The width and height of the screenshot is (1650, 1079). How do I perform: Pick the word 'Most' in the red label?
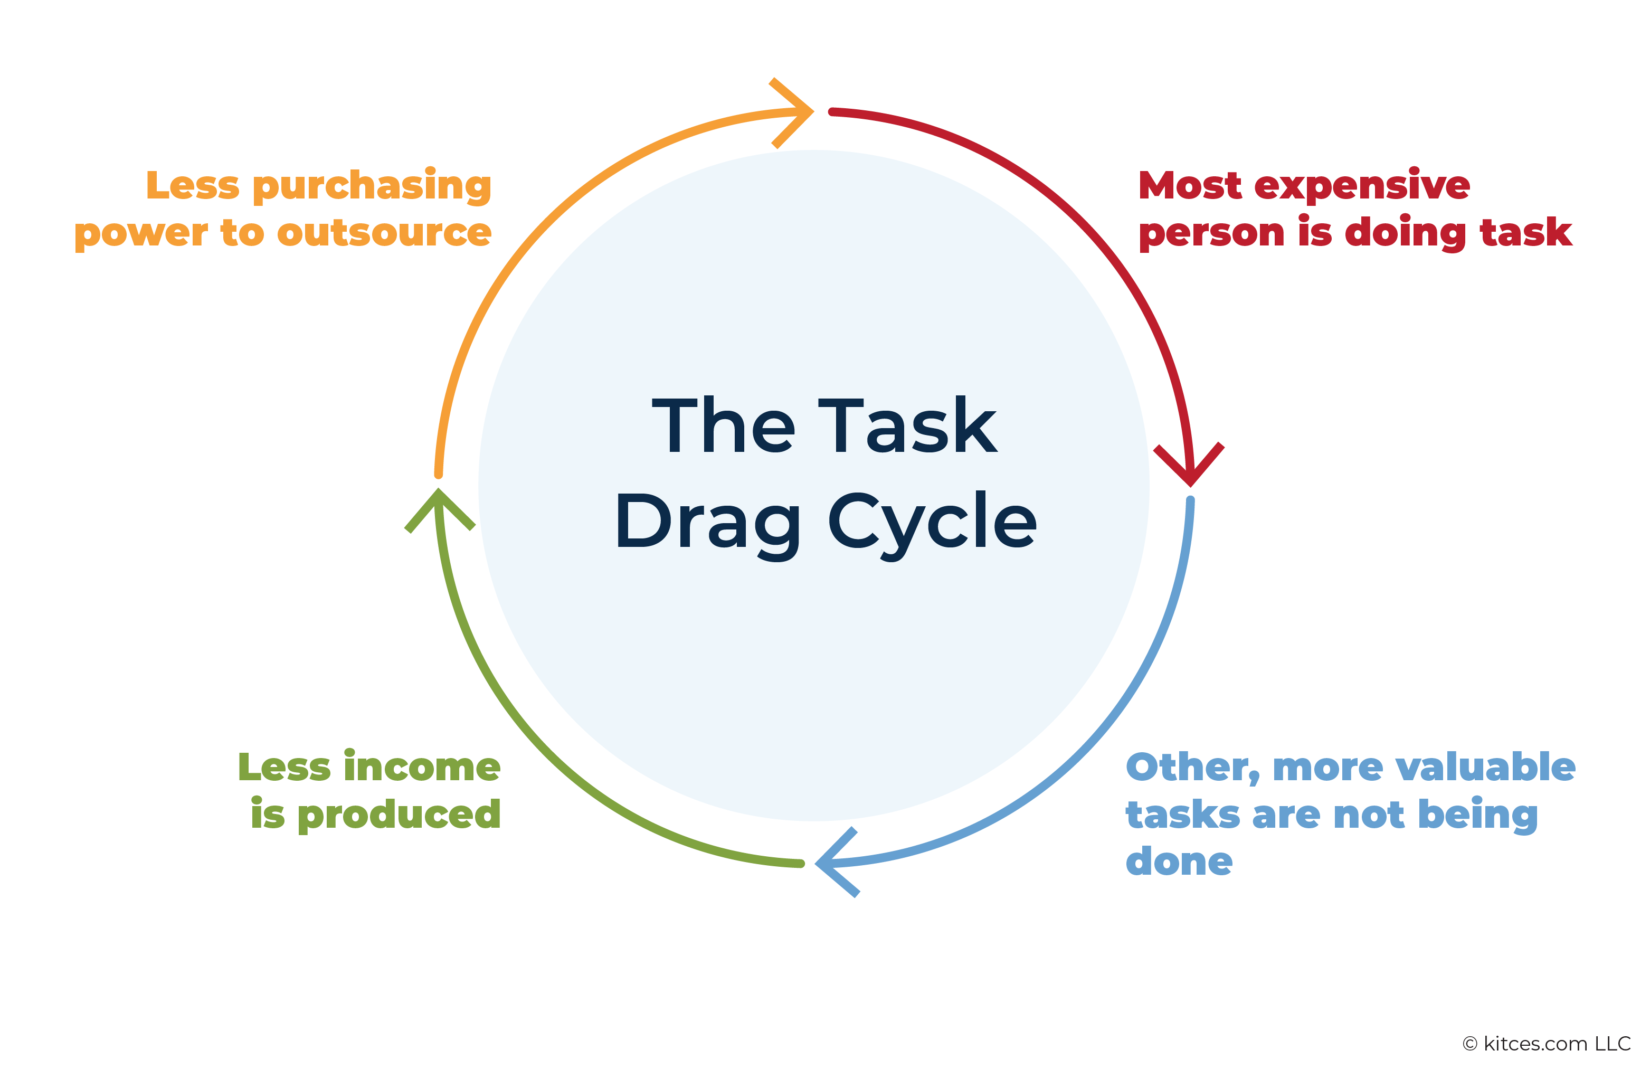point(1190,186)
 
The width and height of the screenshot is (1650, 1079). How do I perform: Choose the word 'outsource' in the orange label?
point(384,233)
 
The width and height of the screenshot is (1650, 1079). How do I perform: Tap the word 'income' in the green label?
point(422,767)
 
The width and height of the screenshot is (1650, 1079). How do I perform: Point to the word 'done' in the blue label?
point(1179,862)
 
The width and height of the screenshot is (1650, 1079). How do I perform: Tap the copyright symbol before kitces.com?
point(1470,1044)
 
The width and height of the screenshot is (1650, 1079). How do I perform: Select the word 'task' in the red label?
point(1526,232)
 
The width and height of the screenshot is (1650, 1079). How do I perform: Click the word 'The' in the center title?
point(723,426)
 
